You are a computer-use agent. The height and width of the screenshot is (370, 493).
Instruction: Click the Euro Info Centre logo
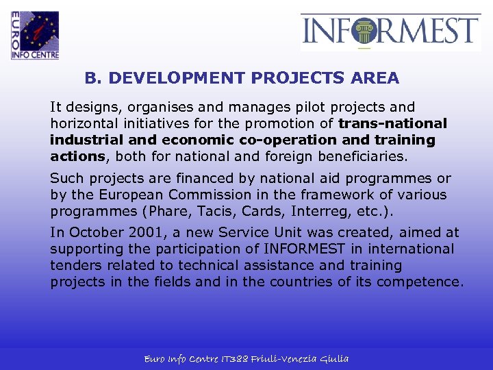pyautogui.click(x=35, y=35)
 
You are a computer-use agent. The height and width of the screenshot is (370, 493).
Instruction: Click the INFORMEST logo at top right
pyautogui.click(x=390, y=32)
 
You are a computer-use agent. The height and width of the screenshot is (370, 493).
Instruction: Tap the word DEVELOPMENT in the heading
pyautogui.click(x=177, y=78)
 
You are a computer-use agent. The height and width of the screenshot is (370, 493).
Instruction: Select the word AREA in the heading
pyautogui.click(x=374, y=78)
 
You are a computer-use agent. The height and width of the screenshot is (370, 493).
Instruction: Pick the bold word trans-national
pyautogui.click(x=392, y=124)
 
